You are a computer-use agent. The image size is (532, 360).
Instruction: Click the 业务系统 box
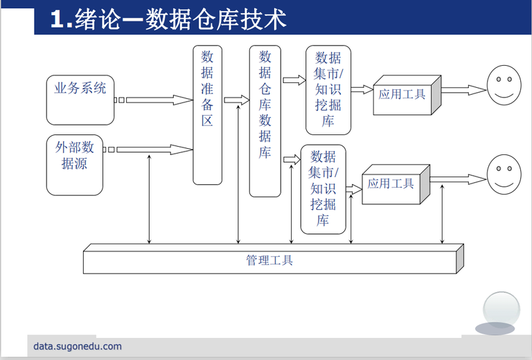coord(80,99)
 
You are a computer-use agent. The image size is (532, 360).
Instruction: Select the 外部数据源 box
coord(74,164)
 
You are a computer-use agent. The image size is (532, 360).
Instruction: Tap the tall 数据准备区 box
coord(207,115)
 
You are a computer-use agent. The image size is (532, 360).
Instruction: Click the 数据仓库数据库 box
coord(265,120)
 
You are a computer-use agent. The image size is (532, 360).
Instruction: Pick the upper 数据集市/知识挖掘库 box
coord(328,90)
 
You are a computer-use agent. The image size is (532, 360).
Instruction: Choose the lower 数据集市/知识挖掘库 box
coord(323,189)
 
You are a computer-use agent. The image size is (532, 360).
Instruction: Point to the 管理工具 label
coord(269,260)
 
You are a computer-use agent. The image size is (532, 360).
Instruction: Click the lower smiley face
coord(504,175)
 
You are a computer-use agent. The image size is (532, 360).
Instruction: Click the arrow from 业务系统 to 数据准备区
coord(158,100)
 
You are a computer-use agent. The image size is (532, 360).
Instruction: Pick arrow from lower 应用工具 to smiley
coord(457,180)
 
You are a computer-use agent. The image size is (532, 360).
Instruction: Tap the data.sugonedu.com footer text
coord(77,346)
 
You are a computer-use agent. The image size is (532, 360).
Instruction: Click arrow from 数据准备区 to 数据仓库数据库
coord(236,99)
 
